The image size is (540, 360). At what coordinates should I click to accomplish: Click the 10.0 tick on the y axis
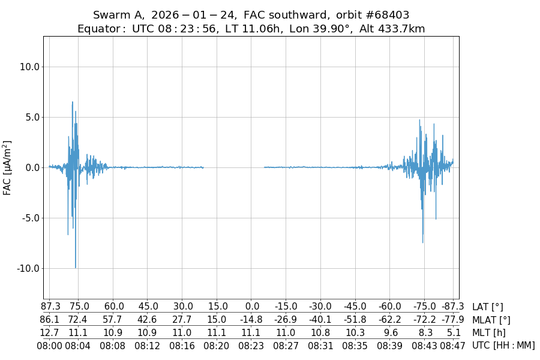[x=29, y=67]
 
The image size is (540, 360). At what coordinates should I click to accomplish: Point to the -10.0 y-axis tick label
[x=28, y=268]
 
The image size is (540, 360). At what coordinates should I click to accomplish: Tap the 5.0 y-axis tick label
[x=31, y=117]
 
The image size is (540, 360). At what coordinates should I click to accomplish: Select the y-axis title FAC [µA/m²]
[x=8, y=167]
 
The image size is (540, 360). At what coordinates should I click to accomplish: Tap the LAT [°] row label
[x=487, y=307]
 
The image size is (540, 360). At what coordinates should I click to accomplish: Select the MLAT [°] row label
[x=491, y=320]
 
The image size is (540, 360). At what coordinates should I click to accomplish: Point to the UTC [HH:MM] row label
[x=503, y=345]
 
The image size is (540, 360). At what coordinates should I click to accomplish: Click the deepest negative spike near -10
[x=76, y=267]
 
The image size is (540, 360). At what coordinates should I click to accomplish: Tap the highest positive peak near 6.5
[x=73, y=103]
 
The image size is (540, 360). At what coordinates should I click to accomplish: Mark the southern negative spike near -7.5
[x=423, y=242]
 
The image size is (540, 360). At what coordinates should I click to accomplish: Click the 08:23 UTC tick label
[x=252, y=345]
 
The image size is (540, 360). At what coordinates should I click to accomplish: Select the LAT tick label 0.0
[x=252, y=307]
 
